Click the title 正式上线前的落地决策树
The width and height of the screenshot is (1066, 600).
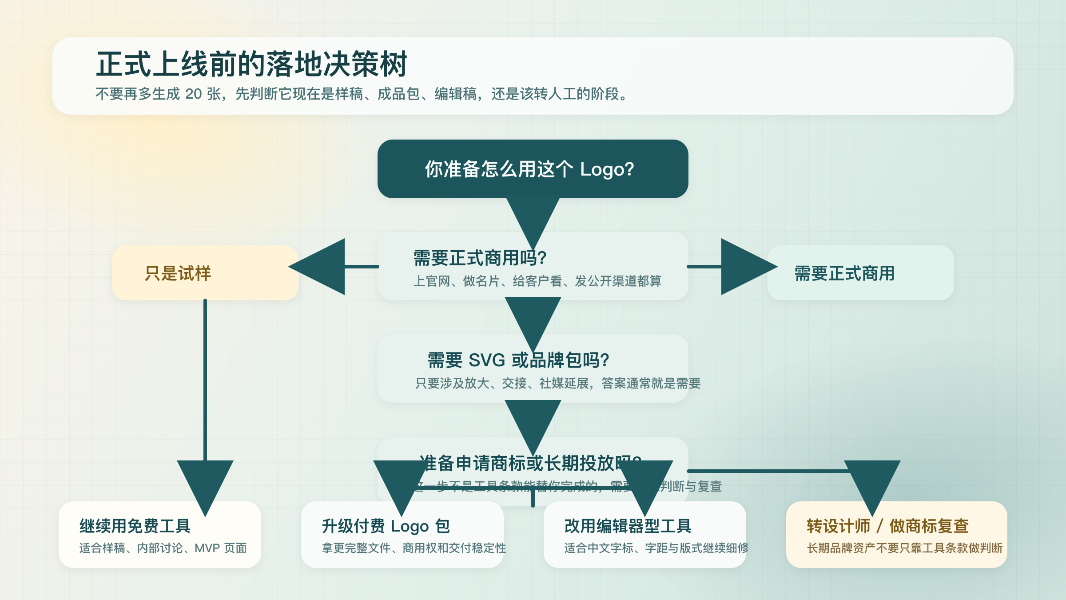251,64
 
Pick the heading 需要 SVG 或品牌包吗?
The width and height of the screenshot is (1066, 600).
518,360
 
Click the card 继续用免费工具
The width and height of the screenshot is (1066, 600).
160,534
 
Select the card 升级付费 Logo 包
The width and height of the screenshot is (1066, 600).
402,534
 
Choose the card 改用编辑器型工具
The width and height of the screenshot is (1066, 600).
644,534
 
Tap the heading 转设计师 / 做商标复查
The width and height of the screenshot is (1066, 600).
887,526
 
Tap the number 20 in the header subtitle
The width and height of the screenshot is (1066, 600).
194,94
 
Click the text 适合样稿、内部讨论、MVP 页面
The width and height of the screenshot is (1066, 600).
163,548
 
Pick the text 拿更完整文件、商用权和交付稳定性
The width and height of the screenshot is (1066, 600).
414,548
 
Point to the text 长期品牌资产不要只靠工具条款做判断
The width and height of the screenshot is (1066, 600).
904,548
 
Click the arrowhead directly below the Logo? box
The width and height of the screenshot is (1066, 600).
533,218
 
